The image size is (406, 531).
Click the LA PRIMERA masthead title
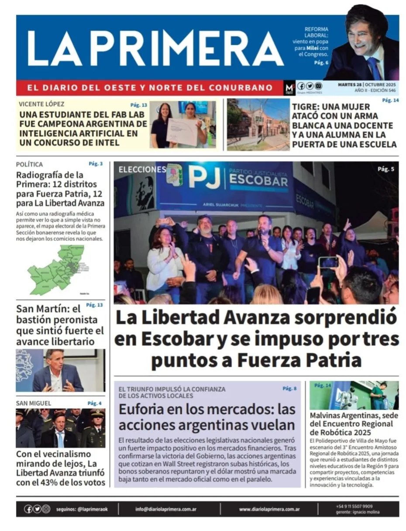155,48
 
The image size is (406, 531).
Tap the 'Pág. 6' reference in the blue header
321,63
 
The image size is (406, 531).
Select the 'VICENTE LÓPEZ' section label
41,104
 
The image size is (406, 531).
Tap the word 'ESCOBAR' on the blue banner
258,180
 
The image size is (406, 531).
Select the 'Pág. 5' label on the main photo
386,169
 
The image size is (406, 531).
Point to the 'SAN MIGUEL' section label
34,403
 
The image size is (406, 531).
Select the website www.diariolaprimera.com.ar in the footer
269,509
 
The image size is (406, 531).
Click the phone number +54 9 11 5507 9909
354,506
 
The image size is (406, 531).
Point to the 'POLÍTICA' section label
29,165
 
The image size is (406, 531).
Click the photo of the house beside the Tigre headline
258,124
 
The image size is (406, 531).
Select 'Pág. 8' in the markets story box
289,388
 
